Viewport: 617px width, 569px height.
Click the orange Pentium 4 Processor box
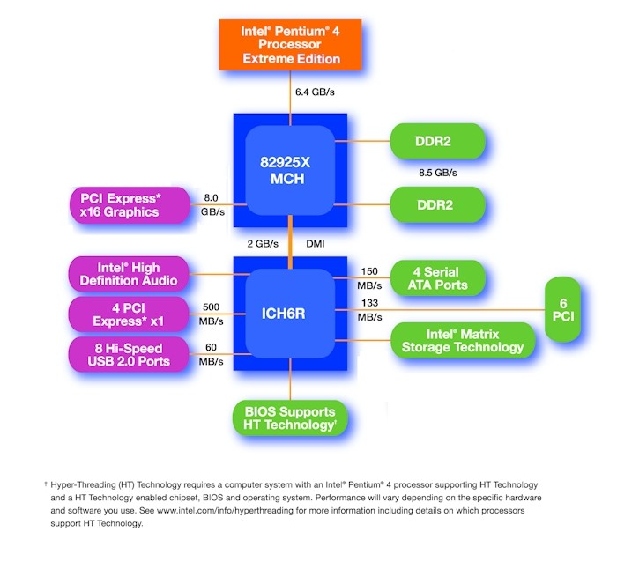(291, 44)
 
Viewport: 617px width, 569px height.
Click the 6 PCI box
(563, 309)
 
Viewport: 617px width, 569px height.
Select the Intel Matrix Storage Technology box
(463, 340)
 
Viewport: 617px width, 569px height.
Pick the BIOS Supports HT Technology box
(290, 418)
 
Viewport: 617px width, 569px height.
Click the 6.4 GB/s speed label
(315, 92)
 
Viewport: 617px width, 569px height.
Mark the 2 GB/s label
(262, 243)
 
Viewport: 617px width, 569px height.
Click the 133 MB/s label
(370, 310)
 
